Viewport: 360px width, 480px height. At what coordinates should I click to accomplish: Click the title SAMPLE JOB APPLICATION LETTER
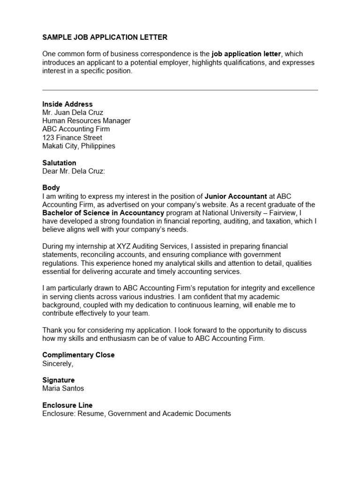point(105,37)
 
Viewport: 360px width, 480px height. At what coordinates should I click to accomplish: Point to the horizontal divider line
point(180,90)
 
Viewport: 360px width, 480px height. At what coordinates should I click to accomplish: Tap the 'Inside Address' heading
point(67,104)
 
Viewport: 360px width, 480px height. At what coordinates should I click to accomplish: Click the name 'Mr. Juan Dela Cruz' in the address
point(73,112)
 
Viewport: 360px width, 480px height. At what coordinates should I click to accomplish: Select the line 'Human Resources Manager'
point(86,121)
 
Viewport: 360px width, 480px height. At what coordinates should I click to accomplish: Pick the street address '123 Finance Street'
point(72,138)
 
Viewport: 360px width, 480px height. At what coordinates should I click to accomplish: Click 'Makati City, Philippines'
point(79,146)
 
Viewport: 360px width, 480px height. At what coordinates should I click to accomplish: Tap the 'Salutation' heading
point(59,163)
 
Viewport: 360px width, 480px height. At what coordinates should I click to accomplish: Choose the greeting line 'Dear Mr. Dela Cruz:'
point(74,171)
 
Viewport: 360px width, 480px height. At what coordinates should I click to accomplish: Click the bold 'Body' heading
point(51,187)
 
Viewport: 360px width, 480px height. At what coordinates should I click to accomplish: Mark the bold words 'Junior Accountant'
point(236,196)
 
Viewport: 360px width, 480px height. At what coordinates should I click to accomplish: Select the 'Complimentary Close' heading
point(78,355)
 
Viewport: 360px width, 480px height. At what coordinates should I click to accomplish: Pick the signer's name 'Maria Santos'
point(63,389)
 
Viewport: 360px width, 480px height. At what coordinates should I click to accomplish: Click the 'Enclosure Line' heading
point(67,405)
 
